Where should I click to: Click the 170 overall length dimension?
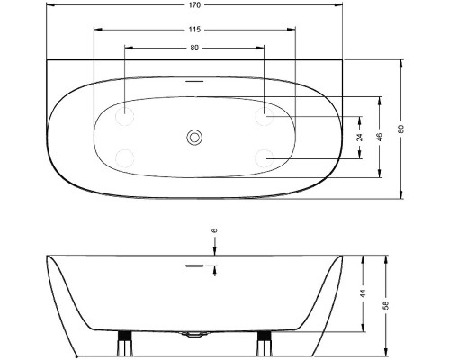(x=194, y=5)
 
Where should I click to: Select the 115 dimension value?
(x=194, y=30)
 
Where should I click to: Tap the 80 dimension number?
(x=194, y=48)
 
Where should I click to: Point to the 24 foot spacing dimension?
(x=360, y=137)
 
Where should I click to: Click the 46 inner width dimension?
(x=380, y=137)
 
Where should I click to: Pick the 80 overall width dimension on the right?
(x=401, y=129)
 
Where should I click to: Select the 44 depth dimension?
(x=363, y=293)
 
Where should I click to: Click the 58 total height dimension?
(x=386, y=305)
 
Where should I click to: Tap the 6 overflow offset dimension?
(x=214, y=230)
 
